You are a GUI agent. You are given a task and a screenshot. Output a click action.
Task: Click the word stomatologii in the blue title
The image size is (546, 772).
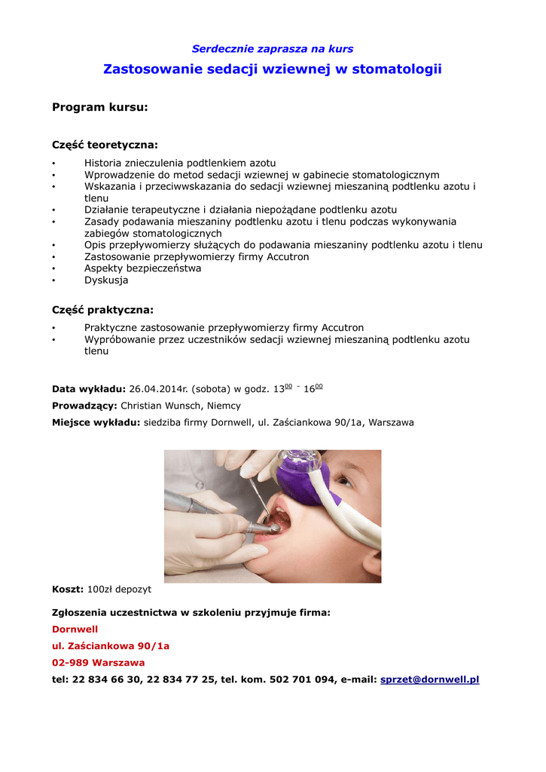[397, 69]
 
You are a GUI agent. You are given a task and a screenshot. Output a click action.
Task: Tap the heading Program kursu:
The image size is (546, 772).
[99, 108]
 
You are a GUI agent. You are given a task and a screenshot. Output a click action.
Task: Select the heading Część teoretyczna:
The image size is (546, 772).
[105, 145]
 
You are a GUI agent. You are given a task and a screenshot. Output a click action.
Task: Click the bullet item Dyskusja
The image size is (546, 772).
[106, 280]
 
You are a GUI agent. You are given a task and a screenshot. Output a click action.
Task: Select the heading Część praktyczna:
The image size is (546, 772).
[102, 310]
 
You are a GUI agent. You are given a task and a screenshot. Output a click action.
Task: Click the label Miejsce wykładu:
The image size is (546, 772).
[96, 423]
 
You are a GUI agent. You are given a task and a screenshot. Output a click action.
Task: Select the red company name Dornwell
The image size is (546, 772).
[75, 630]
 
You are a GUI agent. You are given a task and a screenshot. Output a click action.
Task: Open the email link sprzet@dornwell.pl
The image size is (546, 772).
[430, 680]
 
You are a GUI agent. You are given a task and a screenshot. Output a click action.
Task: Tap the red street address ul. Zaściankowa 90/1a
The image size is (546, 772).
[110, 646]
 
